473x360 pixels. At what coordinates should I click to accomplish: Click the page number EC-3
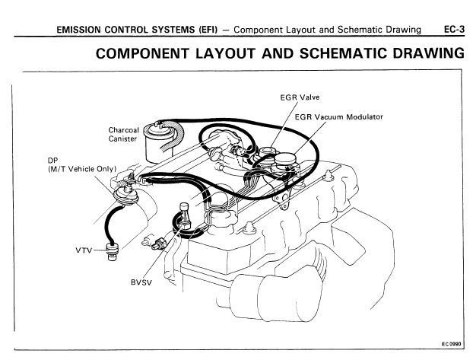tap(454, 30)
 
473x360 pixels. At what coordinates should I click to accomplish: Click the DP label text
tap(52, 161)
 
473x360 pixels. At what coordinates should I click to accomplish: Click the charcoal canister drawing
tap(158, 141)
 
